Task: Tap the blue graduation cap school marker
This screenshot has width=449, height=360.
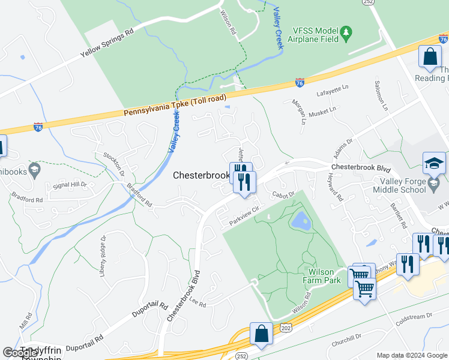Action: point(434,163)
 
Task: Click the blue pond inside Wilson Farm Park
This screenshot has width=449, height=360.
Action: point(300,221)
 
